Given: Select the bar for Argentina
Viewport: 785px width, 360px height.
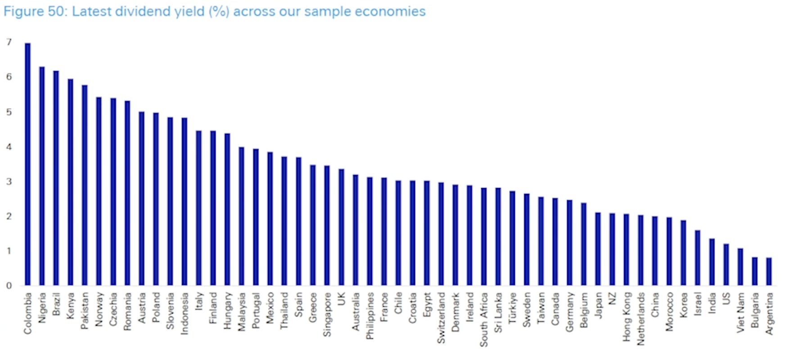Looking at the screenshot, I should point(769,272).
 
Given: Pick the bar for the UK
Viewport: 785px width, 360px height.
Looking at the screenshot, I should point(341,227).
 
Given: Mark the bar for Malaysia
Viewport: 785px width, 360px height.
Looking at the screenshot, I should point(241,216).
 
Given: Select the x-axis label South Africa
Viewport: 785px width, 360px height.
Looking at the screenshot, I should point(484,319).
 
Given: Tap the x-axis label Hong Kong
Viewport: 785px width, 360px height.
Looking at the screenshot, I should point(627,317).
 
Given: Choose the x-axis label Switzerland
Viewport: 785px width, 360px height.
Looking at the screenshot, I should point(441,318).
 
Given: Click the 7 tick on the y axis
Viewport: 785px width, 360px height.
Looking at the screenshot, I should point(9,42).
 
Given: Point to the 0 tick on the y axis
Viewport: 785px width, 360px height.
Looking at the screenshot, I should point(9,286).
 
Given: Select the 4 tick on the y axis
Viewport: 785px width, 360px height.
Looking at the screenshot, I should point(9,147).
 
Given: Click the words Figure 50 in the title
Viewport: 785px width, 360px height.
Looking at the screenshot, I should point(35,11).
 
